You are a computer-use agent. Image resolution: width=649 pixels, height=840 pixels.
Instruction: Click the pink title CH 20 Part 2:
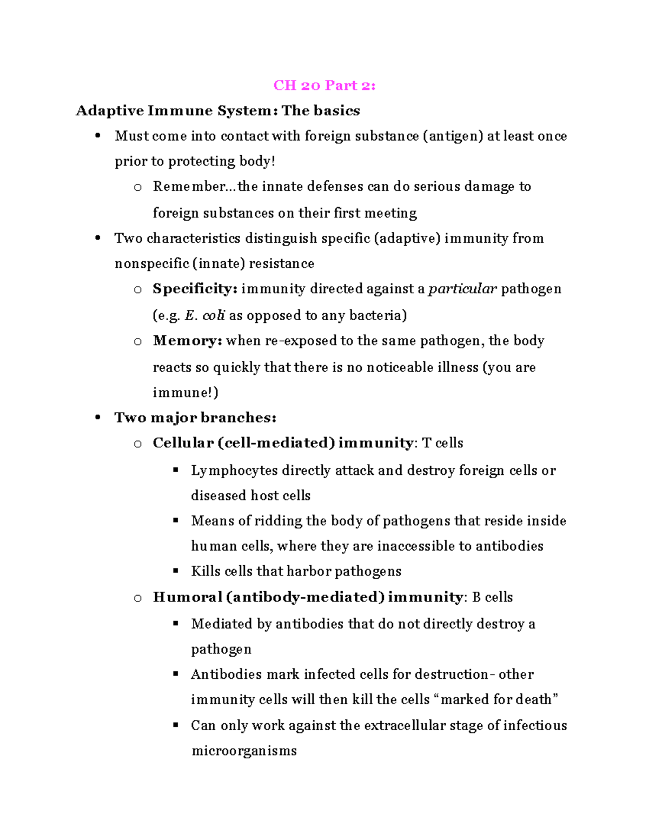[324, 85]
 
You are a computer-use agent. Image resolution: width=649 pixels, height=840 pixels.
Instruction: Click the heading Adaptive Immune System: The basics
[217, 111]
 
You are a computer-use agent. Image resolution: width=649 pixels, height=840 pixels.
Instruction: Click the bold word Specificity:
[195, 289]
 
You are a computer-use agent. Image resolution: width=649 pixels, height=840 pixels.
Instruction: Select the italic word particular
[462, 289]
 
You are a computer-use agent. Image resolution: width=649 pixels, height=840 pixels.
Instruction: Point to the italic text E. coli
[204, 315]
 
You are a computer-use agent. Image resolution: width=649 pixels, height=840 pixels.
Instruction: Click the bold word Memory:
[187, 341]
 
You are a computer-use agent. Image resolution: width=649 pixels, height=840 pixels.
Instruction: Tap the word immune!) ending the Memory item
[186, 392]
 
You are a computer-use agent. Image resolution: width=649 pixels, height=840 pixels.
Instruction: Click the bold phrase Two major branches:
[195, 418]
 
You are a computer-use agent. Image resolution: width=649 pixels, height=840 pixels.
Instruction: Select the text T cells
[442, 443]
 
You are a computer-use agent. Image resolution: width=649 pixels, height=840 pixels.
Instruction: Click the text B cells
[492, 597]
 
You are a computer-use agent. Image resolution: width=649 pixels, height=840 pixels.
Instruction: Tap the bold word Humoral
[187, 597]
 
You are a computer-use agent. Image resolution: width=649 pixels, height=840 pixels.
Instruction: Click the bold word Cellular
[183, 443]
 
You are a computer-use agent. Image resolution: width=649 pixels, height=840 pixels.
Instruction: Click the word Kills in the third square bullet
[206, 571]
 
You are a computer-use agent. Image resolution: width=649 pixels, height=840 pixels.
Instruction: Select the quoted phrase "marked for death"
[496, 699]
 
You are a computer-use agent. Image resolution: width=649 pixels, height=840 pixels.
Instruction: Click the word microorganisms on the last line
[244, 751]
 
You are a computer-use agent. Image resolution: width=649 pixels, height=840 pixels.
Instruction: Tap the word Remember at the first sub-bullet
[189, 187]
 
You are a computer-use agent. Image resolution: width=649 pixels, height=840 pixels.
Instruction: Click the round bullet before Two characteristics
[98, 238]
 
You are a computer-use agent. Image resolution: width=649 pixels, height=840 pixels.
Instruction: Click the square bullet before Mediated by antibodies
[175, 623]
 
